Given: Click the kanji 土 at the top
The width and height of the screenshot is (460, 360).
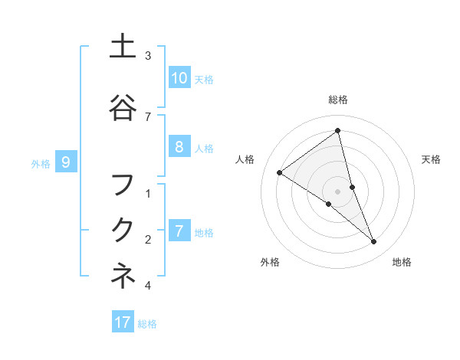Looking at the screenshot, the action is [123, 47].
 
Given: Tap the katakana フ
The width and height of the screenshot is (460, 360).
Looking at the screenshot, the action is [123, 185].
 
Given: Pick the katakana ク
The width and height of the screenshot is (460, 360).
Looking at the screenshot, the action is [123, 230].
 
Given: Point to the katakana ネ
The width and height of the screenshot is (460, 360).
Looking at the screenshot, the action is [123, 276].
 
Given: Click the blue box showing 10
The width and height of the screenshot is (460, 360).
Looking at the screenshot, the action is [179, 77].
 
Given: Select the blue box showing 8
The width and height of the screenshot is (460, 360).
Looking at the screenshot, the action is [179, 147].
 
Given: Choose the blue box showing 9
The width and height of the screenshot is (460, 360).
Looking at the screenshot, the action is [66, 162].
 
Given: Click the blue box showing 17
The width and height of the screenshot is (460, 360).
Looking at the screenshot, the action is [123, 322].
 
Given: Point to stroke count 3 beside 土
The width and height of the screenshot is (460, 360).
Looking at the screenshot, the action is [148, 56].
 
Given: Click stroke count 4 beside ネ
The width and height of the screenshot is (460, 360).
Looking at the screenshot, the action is [148, 286].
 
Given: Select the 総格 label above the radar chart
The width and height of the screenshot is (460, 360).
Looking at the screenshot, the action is [338, 100].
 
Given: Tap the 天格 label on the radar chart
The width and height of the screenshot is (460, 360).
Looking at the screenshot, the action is [432, 159].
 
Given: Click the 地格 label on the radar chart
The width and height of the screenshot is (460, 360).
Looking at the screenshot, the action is [402, 262].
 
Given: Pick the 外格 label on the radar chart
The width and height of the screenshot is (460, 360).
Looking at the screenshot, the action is [270, 262].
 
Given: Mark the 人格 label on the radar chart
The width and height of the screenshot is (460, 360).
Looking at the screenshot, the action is [245, 159].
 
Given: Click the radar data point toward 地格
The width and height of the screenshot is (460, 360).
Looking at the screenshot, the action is [374, 242].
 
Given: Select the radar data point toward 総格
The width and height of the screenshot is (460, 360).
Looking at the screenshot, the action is [338, 130].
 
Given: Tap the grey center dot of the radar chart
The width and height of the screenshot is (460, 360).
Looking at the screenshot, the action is [338, 191].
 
